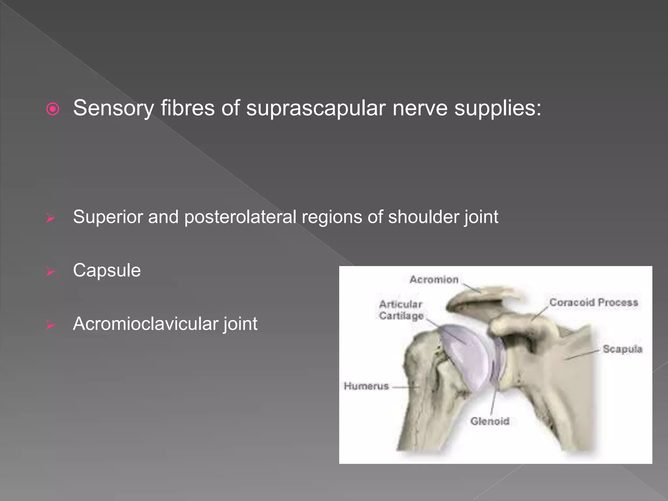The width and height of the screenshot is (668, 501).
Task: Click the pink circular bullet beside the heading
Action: tap(53, 109)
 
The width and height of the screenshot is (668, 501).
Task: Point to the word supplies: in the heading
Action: tap(498, 108)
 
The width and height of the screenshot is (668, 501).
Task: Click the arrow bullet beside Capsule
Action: tap(50, 271)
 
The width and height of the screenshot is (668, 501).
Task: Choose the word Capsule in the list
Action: tap(107, 270)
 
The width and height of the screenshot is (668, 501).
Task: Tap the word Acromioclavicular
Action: tap(145, 324)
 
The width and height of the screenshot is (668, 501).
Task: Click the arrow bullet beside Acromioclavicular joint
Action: tap(50, 325)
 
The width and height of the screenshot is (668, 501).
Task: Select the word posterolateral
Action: tap(240, 217)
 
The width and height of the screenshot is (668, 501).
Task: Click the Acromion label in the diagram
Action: tap(434, 280)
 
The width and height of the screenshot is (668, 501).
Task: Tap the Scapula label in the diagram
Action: tap(622, 349)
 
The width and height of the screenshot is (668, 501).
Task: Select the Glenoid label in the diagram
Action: tap(490, 421)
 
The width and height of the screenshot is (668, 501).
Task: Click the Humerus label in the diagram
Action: tap(366, 386)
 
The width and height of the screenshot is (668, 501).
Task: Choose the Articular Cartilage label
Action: tap(401, 310)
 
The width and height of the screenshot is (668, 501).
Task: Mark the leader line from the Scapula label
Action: tap(582, 355)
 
